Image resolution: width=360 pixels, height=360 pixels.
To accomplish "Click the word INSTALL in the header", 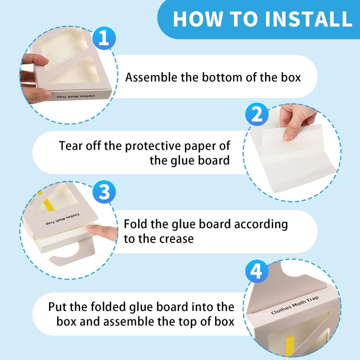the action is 308,19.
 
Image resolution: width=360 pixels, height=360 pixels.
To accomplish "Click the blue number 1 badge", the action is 104,38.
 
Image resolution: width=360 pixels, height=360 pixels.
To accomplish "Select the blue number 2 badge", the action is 256,114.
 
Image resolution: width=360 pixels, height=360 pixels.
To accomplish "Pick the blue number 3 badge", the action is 104,192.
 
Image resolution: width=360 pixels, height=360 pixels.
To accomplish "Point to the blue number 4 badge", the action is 256,271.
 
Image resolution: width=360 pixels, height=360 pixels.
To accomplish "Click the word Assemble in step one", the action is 151,77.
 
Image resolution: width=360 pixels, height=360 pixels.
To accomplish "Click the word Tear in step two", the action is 71,146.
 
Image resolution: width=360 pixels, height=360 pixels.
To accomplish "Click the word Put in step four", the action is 57,307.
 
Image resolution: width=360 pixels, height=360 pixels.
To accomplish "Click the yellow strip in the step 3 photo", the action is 49,205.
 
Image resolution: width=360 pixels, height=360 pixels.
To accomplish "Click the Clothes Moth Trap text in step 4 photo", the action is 295,305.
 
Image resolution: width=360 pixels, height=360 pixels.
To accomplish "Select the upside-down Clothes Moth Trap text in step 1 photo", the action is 76,96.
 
